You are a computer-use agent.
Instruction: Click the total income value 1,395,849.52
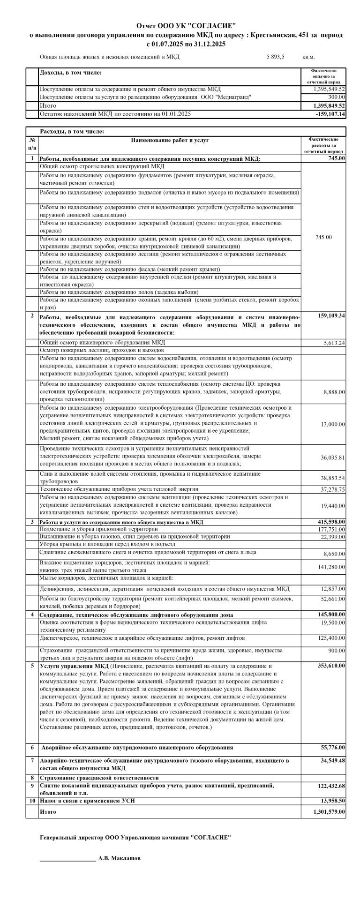coord(329,106)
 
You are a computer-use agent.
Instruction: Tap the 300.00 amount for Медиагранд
coord(336,97)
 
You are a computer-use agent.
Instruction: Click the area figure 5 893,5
coord(275,57)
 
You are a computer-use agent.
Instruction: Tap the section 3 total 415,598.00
coord(330,522)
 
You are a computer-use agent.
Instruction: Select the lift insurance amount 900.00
coord(336,651)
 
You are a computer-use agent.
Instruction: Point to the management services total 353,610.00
coord(330,666)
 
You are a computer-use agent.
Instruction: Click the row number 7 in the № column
coord(32,760)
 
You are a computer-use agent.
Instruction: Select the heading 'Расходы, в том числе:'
coord(72,132)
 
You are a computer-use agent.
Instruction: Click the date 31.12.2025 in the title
coord(207,44)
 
